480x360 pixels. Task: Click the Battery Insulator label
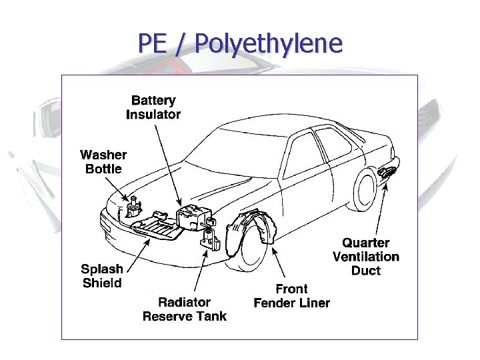click(153, 107)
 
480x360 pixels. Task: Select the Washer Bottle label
click(103, 162)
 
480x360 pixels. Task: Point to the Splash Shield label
click(102, 276)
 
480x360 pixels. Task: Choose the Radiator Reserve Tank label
click(185, 309)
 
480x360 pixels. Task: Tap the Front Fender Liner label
click(291, 296)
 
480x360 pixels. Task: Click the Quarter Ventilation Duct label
click(366, 257)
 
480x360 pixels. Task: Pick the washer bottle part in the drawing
click(133, 209)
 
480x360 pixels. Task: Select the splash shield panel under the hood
click(157, 227)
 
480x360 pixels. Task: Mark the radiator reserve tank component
click(211, 239)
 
